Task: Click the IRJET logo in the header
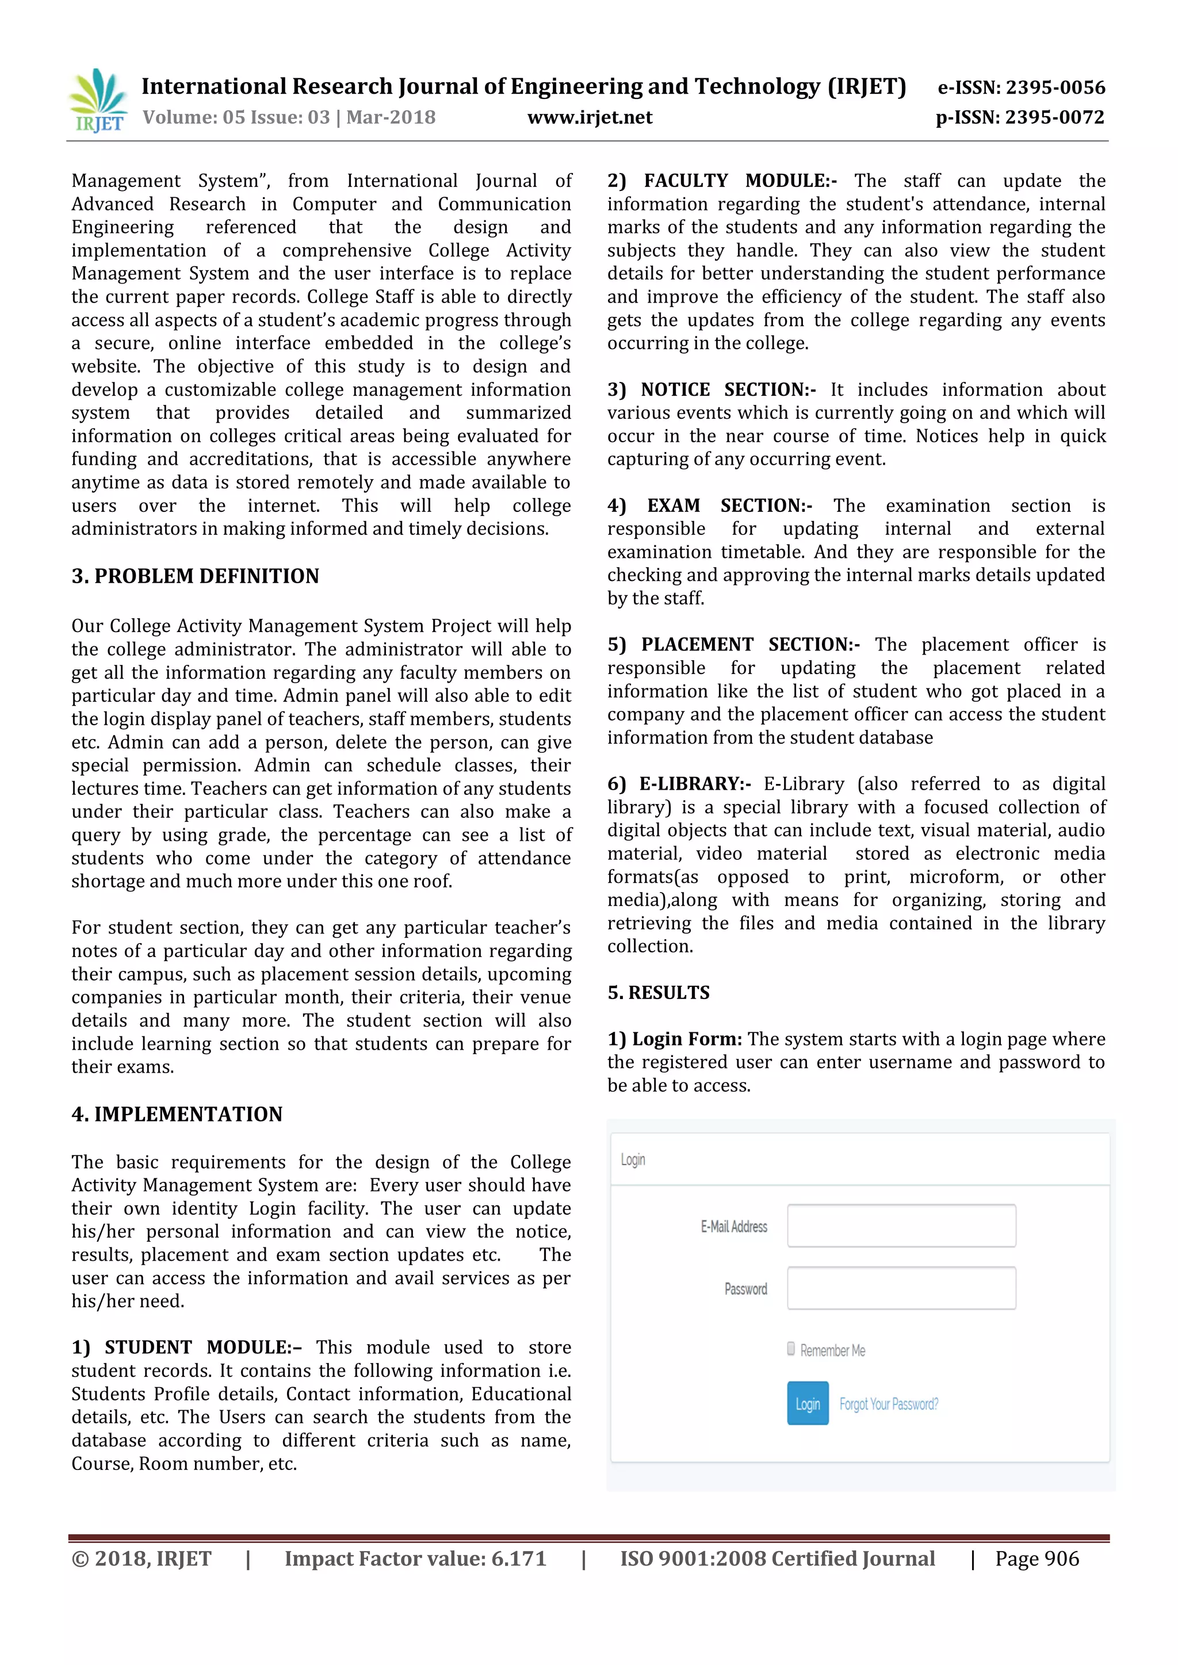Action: point(98,101)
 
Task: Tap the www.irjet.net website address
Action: point(589,117)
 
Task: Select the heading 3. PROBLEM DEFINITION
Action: point(195,576)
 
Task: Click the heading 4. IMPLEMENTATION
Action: point(177,1114)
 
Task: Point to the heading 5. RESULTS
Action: point(658,992)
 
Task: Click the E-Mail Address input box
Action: point(901,1226)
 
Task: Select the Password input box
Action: point(901,1288)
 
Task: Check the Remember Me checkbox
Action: point(791,1349)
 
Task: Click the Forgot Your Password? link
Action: point(888,1404)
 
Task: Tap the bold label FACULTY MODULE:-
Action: point(740,181)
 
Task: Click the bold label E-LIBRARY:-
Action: point(694,784)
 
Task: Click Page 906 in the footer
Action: point(1037,1559)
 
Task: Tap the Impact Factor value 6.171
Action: point(518,1559)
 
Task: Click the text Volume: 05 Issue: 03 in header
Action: point(236,117)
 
